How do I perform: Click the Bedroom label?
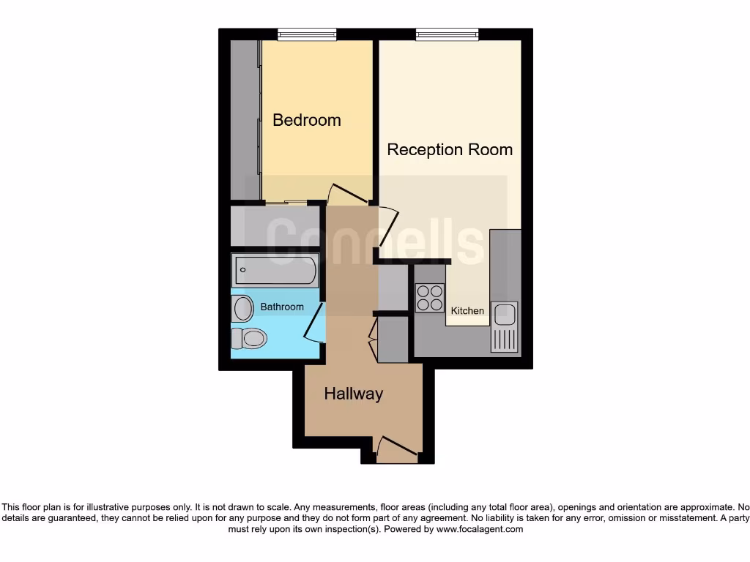pos(307,120)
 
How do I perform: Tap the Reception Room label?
pos(450,150)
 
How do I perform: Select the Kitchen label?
pos(467,311)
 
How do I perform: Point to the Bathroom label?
pos(282,307)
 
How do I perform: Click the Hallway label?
pos(354,394)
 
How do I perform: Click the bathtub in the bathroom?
pos(275,271)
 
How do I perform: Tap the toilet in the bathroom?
pos(249,338)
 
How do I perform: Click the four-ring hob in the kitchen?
pos(430,297)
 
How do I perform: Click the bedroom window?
pos(307,34)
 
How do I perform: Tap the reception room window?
pos(447,34)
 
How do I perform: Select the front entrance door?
pos(396,446)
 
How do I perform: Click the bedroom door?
pos(347,194)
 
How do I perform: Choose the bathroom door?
pos(313,324)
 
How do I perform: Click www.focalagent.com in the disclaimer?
pos(480,529)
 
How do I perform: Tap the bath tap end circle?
pos(242,269)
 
